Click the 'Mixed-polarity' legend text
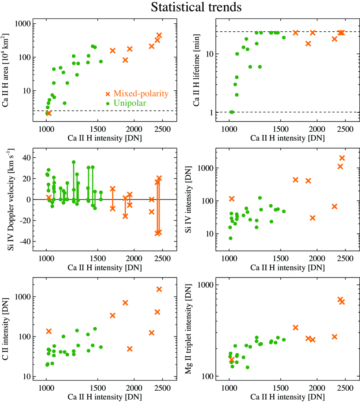(141, 93)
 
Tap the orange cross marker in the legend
(108, 93)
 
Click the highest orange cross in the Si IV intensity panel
(342, 158)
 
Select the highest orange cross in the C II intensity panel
(159, 289)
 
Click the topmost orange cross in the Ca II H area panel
(159, 35)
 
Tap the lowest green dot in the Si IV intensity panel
(230, 238)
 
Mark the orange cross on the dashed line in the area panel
(49, 113)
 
